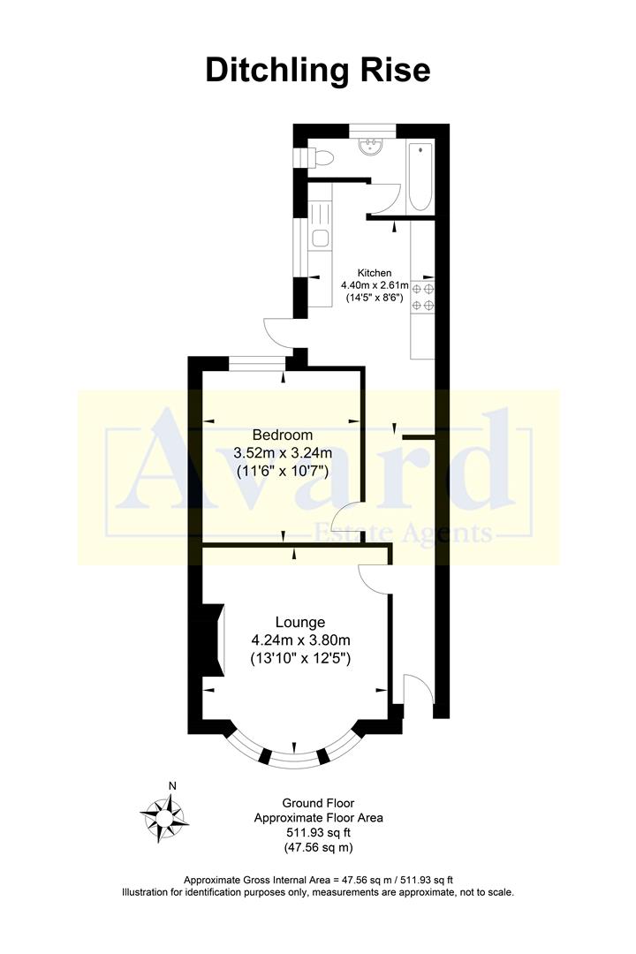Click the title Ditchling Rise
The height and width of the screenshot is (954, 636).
(318, 70)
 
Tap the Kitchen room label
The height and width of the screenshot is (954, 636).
(374, 273)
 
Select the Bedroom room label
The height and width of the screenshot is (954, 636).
(283, 435)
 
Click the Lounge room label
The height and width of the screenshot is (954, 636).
(300, 622)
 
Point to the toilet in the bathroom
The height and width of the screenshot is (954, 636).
(322, 158)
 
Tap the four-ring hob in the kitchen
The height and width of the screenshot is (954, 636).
(423, 297)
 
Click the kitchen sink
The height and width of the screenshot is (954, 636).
(320, 238)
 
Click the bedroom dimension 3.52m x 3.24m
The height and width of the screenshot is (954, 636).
(283, 453)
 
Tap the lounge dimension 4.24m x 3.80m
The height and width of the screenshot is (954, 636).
(300, 640)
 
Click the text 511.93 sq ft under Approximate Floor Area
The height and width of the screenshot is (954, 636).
(318, 833)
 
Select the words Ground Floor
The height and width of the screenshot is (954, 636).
(318, 803)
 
